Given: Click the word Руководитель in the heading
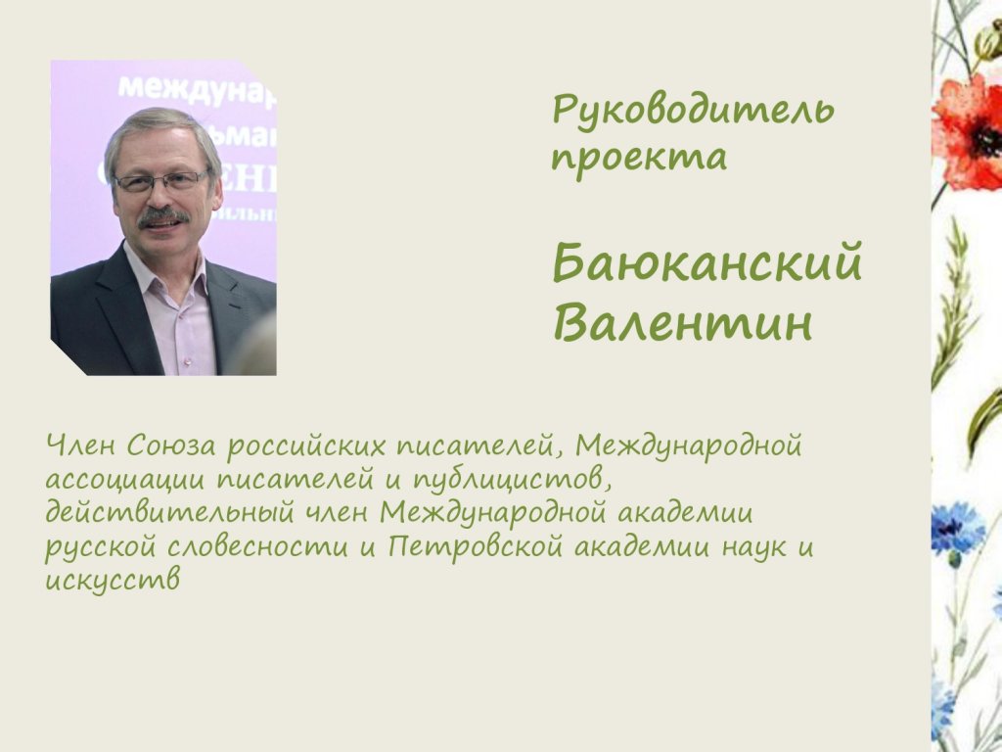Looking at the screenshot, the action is point(693,111).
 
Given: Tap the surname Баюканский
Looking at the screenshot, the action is point(707,262).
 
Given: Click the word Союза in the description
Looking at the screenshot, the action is point(172,446).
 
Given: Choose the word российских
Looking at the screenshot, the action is point(306,446).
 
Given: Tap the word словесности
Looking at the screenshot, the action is point(258,547).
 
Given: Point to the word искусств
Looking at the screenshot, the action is point(113,580).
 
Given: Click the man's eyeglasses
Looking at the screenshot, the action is point(163,182).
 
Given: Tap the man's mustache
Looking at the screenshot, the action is point(163,216).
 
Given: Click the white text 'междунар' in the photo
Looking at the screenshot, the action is point(197,89).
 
